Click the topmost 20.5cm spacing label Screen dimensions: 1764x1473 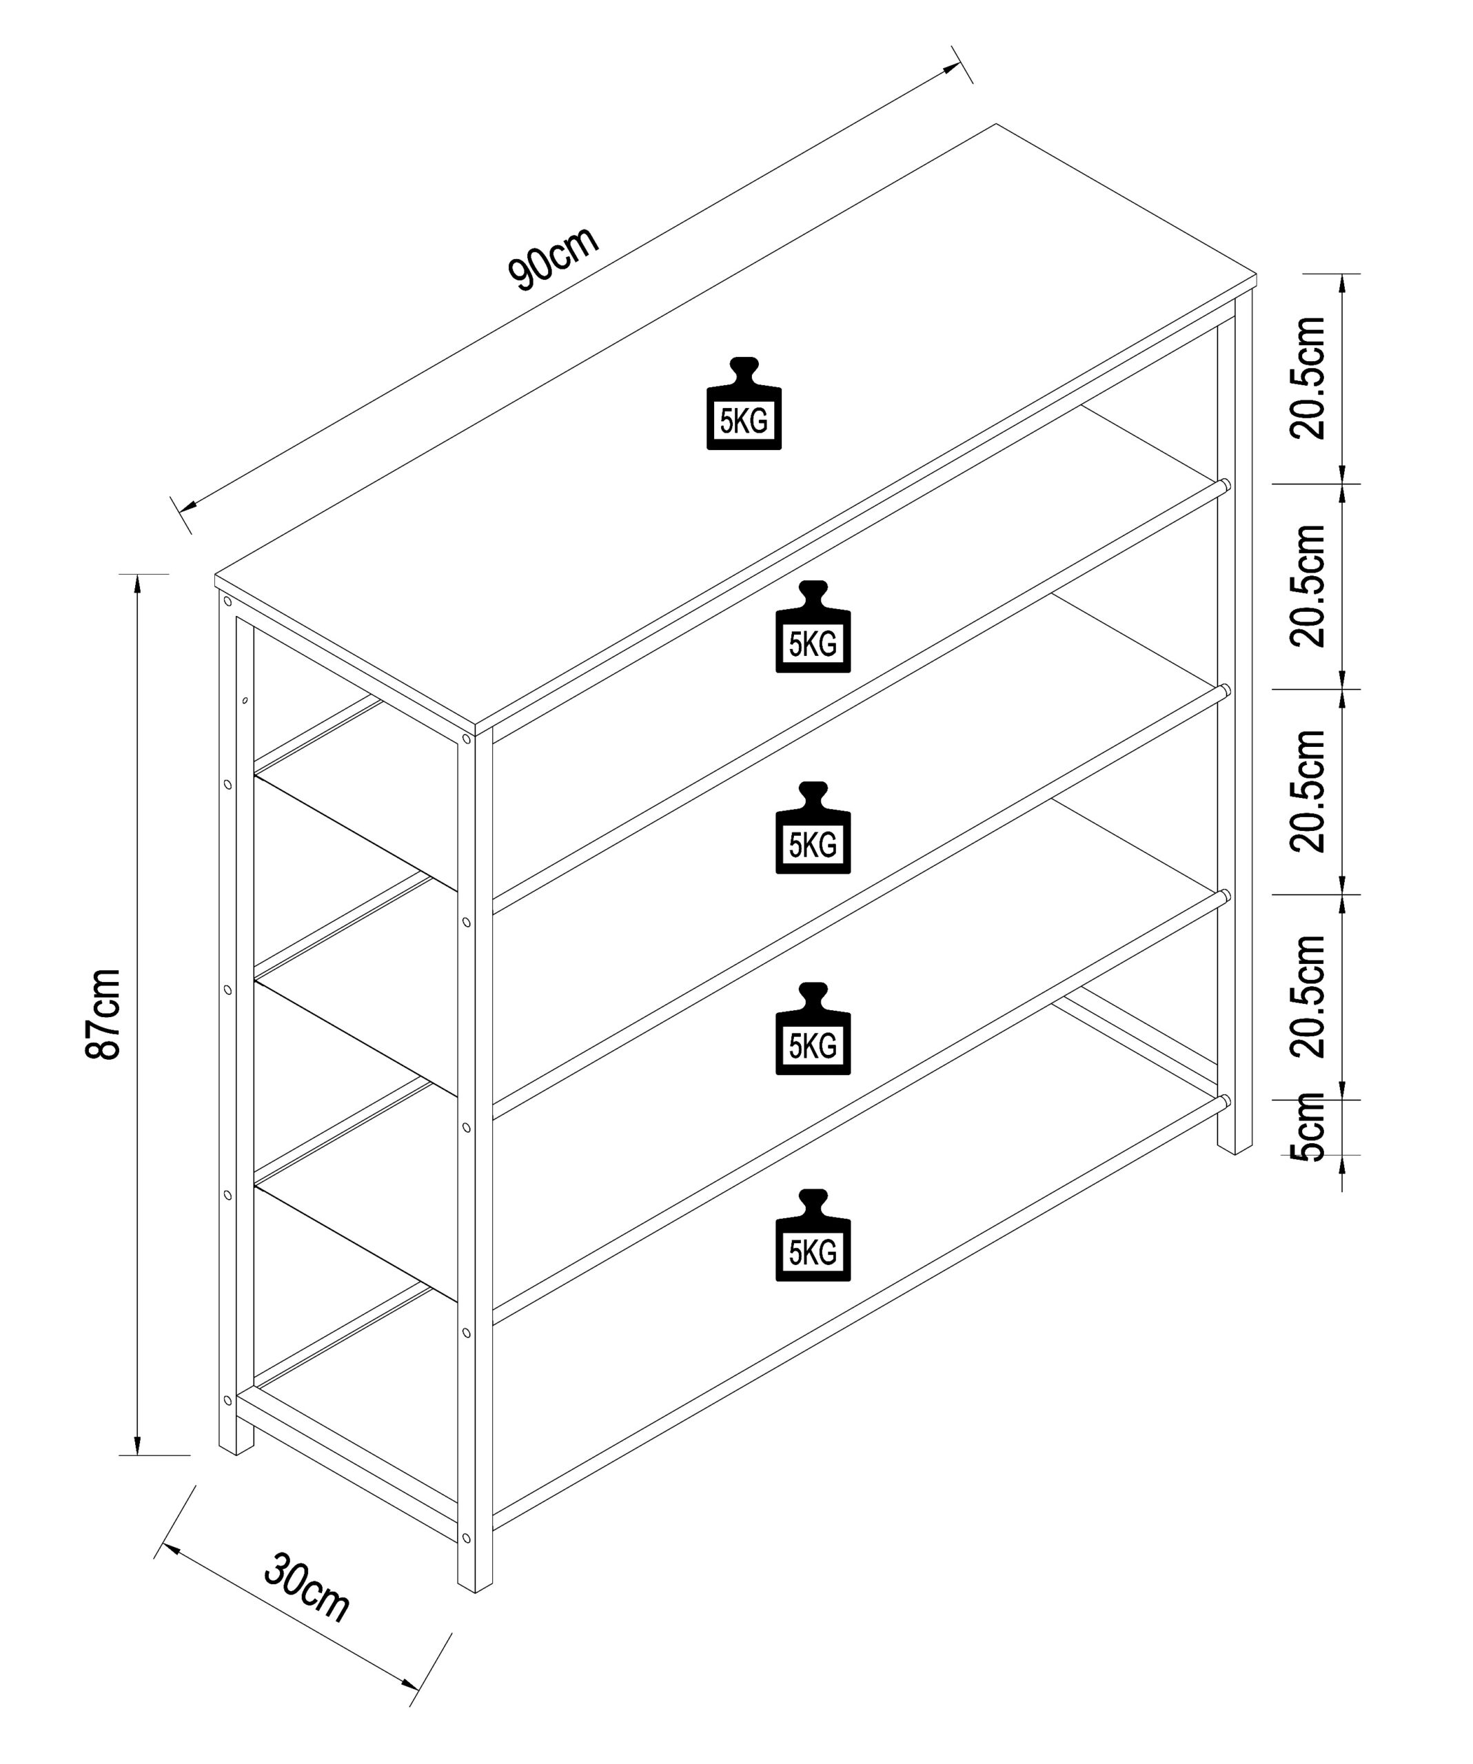1308,378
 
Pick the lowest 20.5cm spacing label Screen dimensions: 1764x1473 1308,996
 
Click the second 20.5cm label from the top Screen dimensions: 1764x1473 1308,586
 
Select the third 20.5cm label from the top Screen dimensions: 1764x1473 1308,791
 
